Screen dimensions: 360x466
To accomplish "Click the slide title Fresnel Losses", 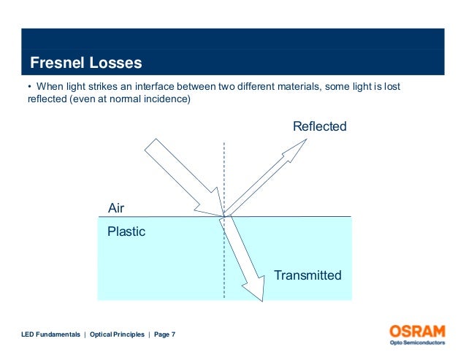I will [x=85, y=63].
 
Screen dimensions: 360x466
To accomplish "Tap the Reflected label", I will [x=319, y=127].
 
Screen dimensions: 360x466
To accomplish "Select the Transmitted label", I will [x=308, y=275].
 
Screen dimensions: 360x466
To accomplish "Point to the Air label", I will [x=116, y=209].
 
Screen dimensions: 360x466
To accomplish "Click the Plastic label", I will [x=126, y=232].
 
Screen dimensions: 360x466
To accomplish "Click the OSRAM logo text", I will [x=417, y=331].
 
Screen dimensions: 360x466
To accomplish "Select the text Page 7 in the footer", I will [x=165, y=334].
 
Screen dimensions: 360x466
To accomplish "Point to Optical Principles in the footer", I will [x=116, y=334].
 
